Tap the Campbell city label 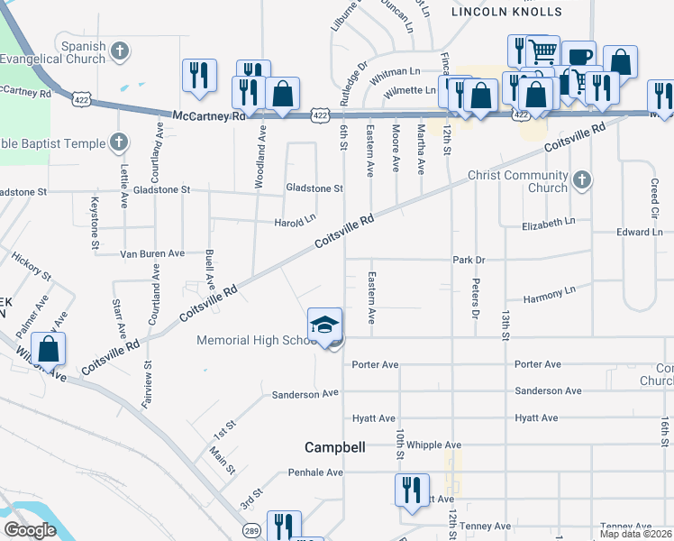334,447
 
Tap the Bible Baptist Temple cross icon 118,142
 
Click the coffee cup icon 578,57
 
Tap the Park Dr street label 469,260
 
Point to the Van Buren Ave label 152,254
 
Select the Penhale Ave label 315,472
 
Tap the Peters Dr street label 474,298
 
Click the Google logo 31,529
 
